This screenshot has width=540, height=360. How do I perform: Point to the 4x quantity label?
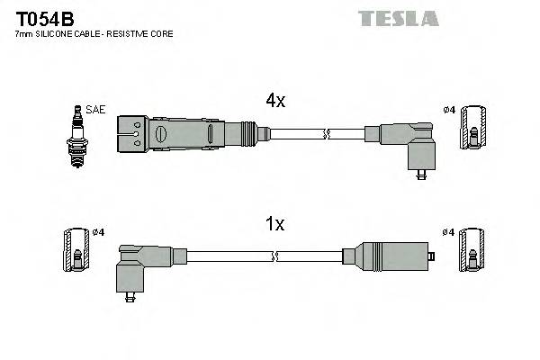274,102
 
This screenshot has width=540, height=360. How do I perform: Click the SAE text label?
96,109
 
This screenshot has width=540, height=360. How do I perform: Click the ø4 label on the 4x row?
449,110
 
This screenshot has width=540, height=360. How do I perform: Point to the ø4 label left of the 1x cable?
99,232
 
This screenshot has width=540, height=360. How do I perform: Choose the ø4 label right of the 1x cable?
448,232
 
